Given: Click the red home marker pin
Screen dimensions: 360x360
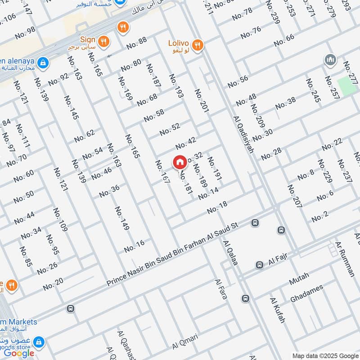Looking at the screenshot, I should click(x=180, y=162).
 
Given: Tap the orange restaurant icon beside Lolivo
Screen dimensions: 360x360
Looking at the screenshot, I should click(x=197, y=45).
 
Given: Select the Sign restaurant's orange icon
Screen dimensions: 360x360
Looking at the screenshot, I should click(x=103, y=41).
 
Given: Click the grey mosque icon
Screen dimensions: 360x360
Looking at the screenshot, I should click(x=329, y=60).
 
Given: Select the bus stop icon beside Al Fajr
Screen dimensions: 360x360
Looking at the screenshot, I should click(x=260, y=265).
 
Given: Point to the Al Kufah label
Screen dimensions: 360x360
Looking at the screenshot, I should click(x=278, y=310).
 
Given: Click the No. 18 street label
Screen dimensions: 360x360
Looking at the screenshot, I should click(x=217, y=207).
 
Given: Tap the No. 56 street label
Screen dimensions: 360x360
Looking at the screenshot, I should click(x=238, y=81).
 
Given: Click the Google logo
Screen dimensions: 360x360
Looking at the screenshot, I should click(x=19, y=353).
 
